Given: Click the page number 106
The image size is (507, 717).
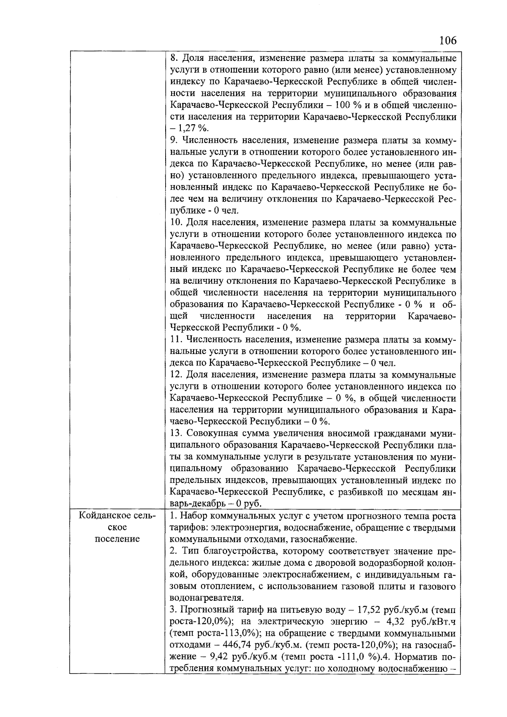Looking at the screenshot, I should pos(447,41).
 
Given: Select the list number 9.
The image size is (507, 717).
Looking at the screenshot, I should pos(173,140).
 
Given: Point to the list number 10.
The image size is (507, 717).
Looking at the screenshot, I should pos(175,222).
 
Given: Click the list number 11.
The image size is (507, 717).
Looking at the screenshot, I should pos(175,339).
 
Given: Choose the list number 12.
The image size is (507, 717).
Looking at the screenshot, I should pos(175,375).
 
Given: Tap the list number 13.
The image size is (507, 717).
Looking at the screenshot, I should pos(175,433).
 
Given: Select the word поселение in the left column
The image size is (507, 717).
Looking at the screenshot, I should pos(117,540).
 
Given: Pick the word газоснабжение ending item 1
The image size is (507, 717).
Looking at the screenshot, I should pos(330,540).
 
